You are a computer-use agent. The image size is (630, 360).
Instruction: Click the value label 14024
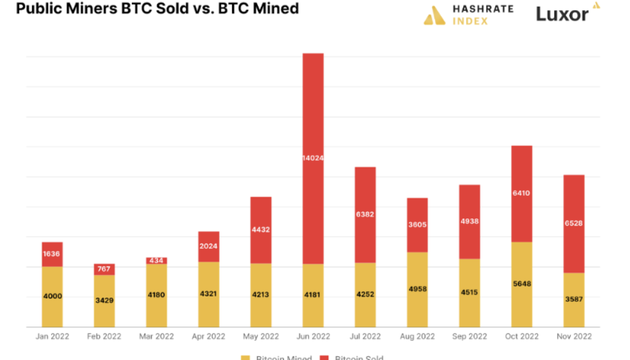pos(313,158)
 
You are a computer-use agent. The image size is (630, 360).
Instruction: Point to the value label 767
pos(104,269)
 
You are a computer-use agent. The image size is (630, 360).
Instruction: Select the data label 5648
pos(521,284)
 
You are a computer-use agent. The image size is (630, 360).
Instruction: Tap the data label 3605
pos(417,225)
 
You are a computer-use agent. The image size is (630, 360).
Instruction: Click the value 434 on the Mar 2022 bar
pos(157,261)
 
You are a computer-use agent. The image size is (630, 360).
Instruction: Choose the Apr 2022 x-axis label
pos(209,337)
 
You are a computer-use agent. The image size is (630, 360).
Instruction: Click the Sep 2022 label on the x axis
pos(469,337)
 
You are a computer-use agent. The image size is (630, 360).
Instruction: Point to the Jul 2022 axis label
pos(365,337)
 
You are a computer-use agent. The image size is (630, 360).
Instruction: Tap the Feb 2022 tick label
pos(104,337)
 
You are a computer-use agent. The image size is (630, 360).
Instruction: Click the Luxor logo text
pos(562,14)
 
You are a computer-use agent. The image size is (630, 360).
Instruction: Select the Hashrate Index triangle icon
pos(434,15)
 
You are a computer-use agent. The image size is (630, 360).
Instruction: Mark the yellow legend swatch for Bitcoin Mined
pos(245,358)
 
